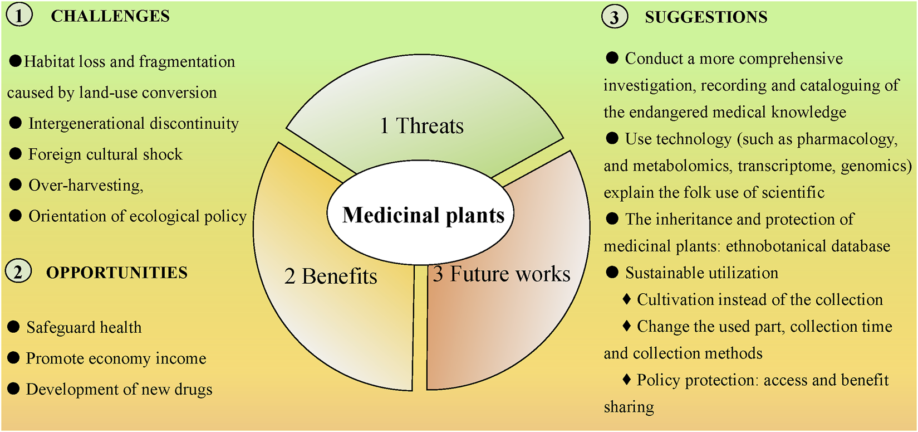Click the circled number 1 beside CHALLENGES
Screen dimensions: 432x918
[19, 16]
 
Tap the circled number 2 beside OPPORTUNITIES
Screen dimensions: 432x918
[18, 272]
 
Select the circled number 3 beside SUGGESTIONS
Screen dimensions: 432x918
[615, 17]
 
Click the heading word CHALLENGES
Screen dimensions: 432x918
[110, 16]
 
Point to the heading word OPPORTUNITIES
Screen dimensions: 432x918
[117, 273]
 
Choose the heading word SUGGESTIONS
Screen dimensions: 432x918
[706, 17]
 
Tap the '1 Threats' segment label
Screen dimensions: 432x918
[421, 126]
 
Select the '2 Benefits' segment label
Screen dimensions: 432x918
[331, 276]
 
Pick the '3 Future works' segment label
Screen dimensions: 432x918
[502, 274]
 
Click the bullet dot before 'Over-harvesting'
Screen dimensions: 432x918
[16, 185]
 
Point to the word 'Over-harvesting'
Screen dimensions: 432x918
[86, 185]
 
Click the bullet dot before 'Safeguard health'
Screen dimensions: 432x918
[14, 327]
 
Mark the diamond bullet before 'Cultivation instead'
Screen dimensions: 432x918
[626, 299]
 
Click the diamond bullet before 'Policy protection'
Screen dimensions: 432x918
[626, 380]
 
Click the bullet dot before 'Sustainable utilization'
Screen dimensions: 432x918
[612, 272]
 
